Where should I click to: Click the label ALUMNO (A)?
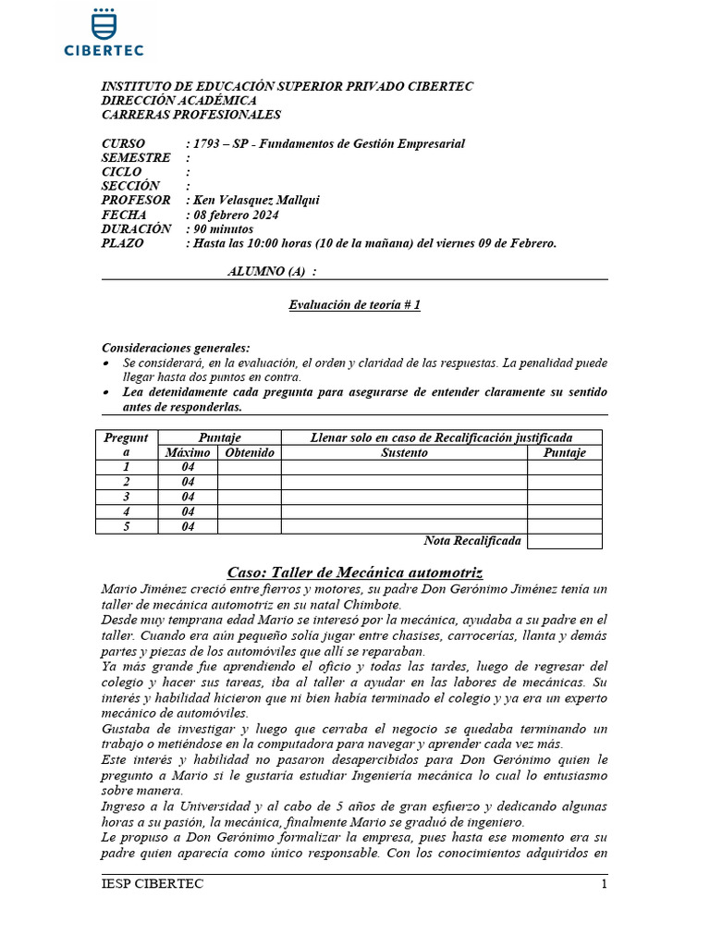pyautogui.click(x=272, y=271)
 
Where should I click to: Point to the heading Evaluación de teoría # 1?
pyautogui.click(x=355, y=305)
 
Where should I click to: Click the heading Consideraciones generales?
pyautogui.click(x=176, y=349)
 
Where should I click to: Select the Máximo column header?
pyautogui.click(x=188, y=453)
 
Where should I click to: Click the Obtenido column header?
pyautogui.click(x=249, y=453)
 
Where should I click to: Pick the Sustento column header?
pyautogui.click(x=404, y=453)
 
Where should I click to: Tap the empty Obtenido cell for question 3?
pyautogui.click(x=249, y=497)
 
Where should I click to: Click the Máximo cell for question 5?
pyautogui.click(x=188, y=526)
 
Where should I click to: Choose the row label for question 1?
pyautogui.click(x=127, y=467)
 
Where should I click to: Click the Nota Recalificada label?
pyautogui.click(x=471, y=541)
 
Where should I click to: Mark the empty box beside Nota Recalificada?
pyautogui.click(x=564, y=541)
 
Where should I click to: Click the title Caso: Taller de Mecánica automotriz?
pyautogui.click(x=355, y=572)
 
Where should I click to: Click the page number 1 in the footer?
pyautogui.click(x=604, y=884)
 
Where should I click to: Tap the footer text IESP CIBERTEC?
pyautogui.click(x=152, y=884)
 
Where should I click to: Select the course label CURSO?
pyautogui.click(x=122, y=143)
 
